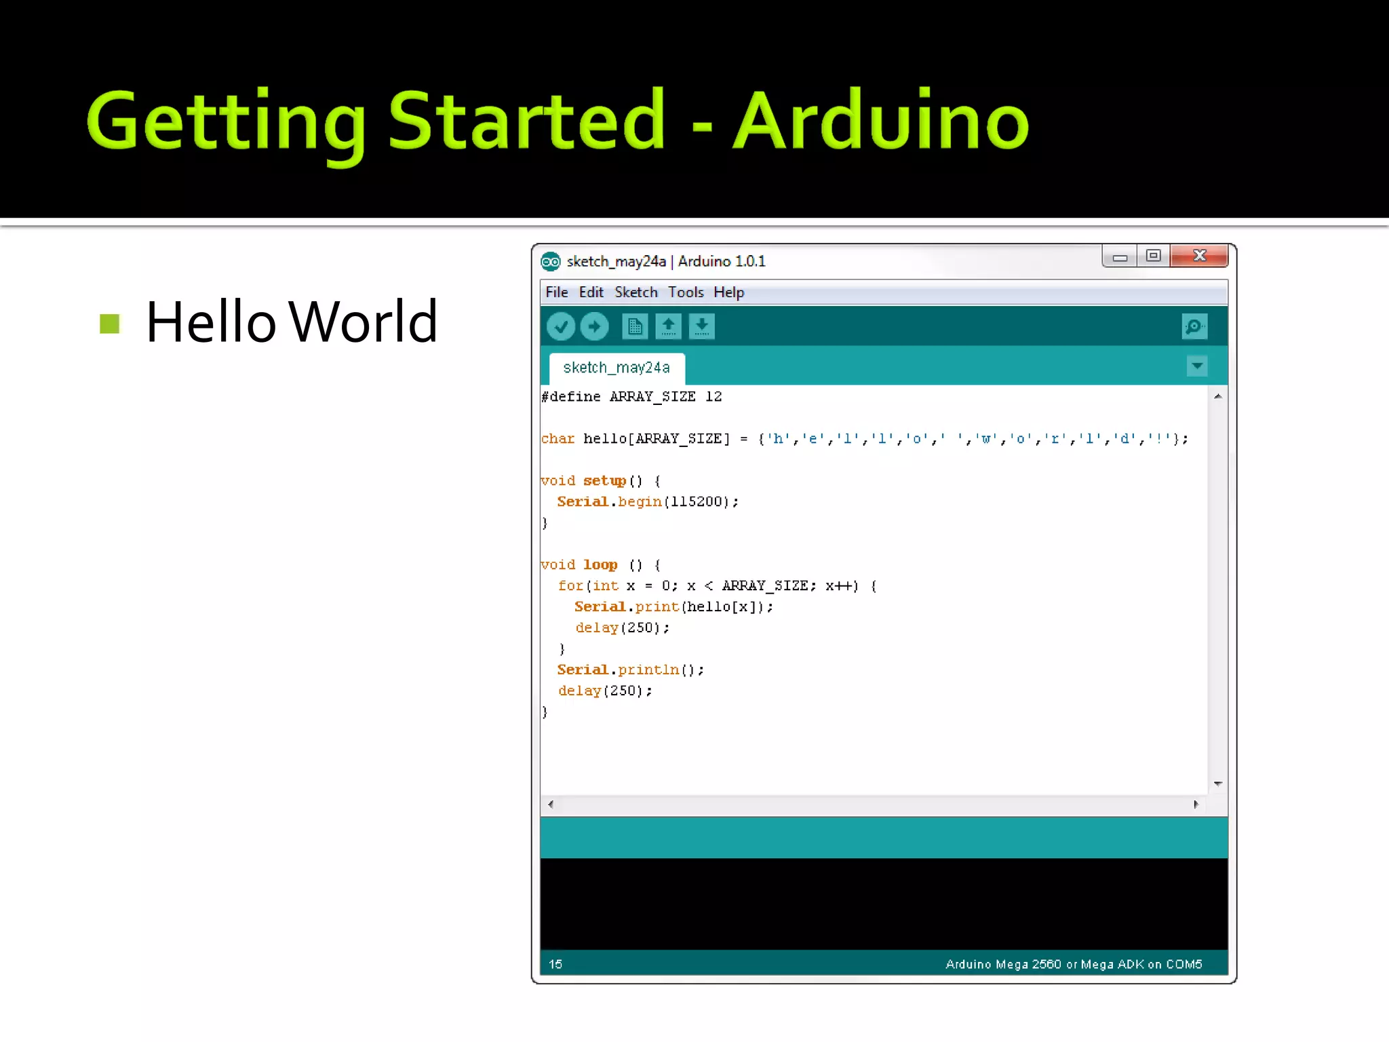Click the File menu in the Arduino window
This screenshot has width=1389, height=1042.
pos(556,292)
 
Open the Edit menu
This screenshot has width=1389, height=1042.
pos(591,292)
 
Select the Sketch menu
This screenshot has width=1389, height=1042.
pos(635,292)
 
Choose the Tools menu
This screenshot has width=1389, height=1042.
pos(686,292)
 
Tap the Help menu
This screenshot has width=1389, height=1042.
pos(728,292)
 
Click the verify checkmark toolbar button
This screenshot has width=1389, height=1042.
pos(561,327)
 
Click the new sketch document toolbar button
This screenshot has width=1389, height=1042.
pos(635,327)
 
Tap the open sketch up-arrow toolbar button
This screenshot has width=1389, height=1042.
pos(668,327)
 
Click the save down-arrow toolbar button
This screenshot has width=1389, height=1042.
pos(701,327)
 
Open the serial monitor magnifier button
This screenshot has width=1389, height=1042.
pos(1194,327)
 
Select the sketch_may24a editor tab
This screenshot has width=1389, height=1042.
pos(617,368)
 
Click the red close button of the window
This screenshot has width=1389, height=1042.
pos(1198,256)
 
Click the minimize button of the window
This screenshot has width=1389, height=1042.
pos(1120,257)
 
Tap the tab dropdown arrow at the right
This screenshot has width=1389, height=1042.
pos(1197,366)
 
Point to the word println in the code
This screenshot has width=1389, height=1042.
pos(648,670)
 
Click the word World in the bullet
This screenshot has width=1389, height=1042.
pos(363,322)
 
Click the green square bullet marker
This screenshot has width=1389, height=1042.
pos(109,324)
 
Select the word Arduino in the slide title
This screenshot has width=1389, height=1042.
pos(881,122)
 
